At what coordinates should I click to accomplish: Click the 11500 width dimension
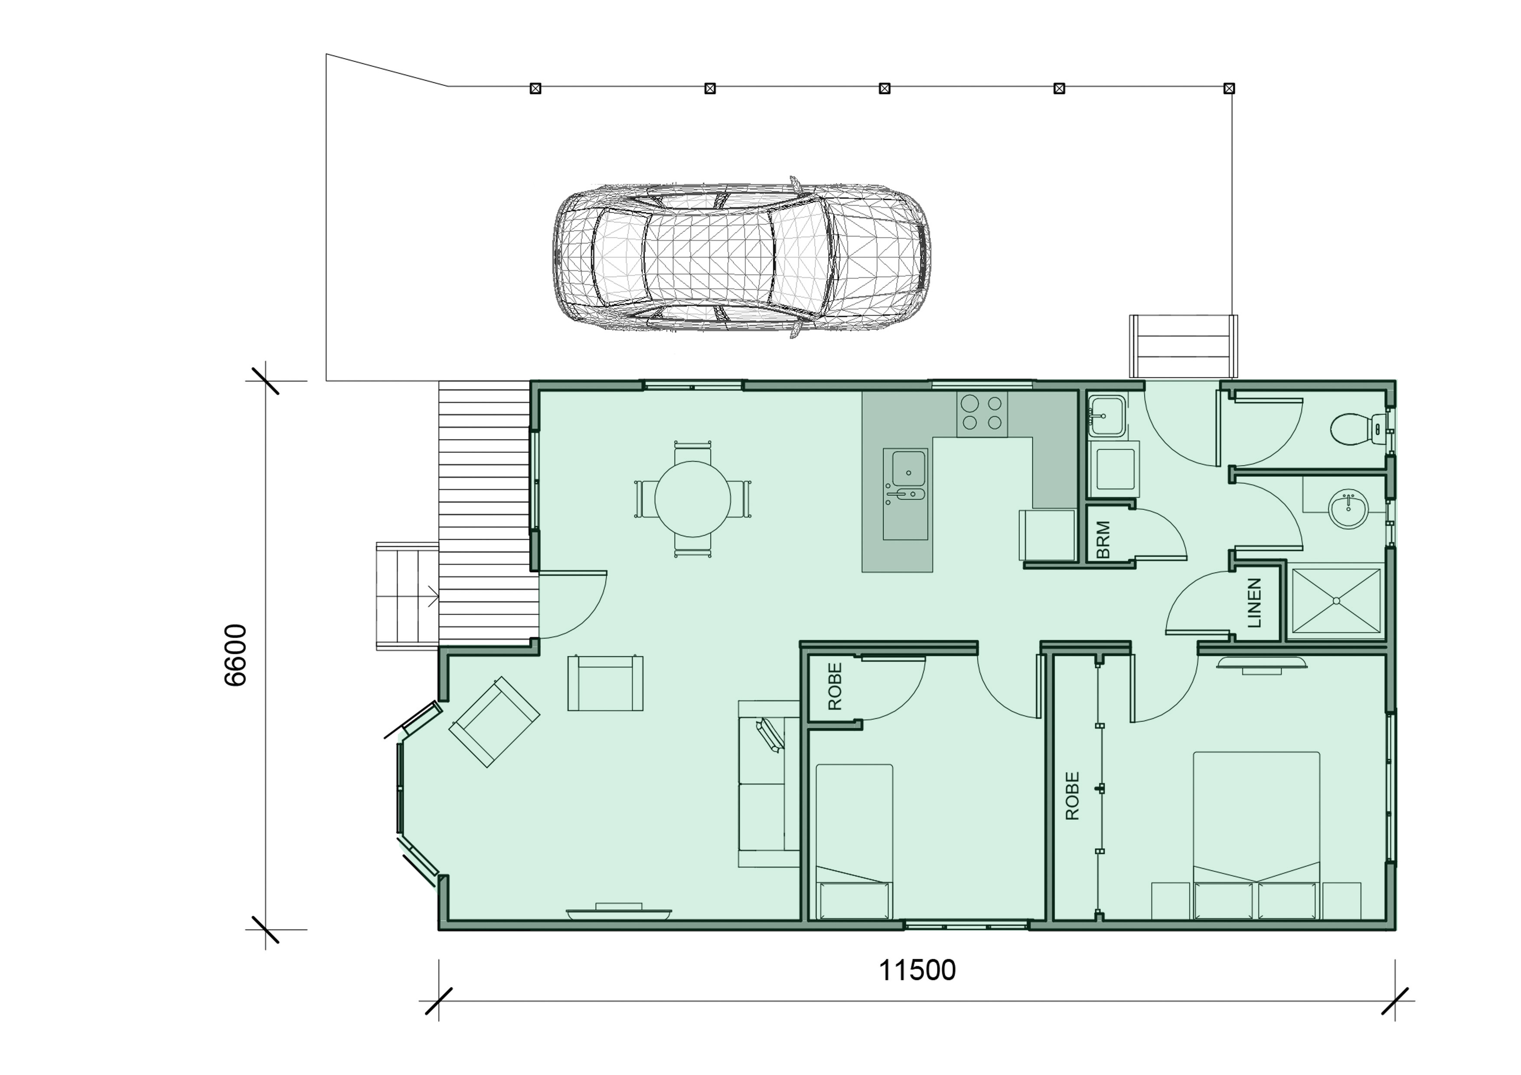point(917,971)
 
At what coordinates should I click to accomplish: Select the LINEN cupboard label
point(1254,603)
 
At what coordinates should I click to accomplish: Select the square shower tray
point(1336,601)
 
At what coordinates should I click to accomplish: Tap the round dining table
point(692,499)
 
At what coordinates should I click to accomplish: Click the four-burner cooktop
point(982,414)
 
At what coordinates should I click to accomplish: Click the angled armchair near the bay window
point(494,722)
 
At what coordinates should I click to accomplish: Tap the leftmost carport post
point(535,88)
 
